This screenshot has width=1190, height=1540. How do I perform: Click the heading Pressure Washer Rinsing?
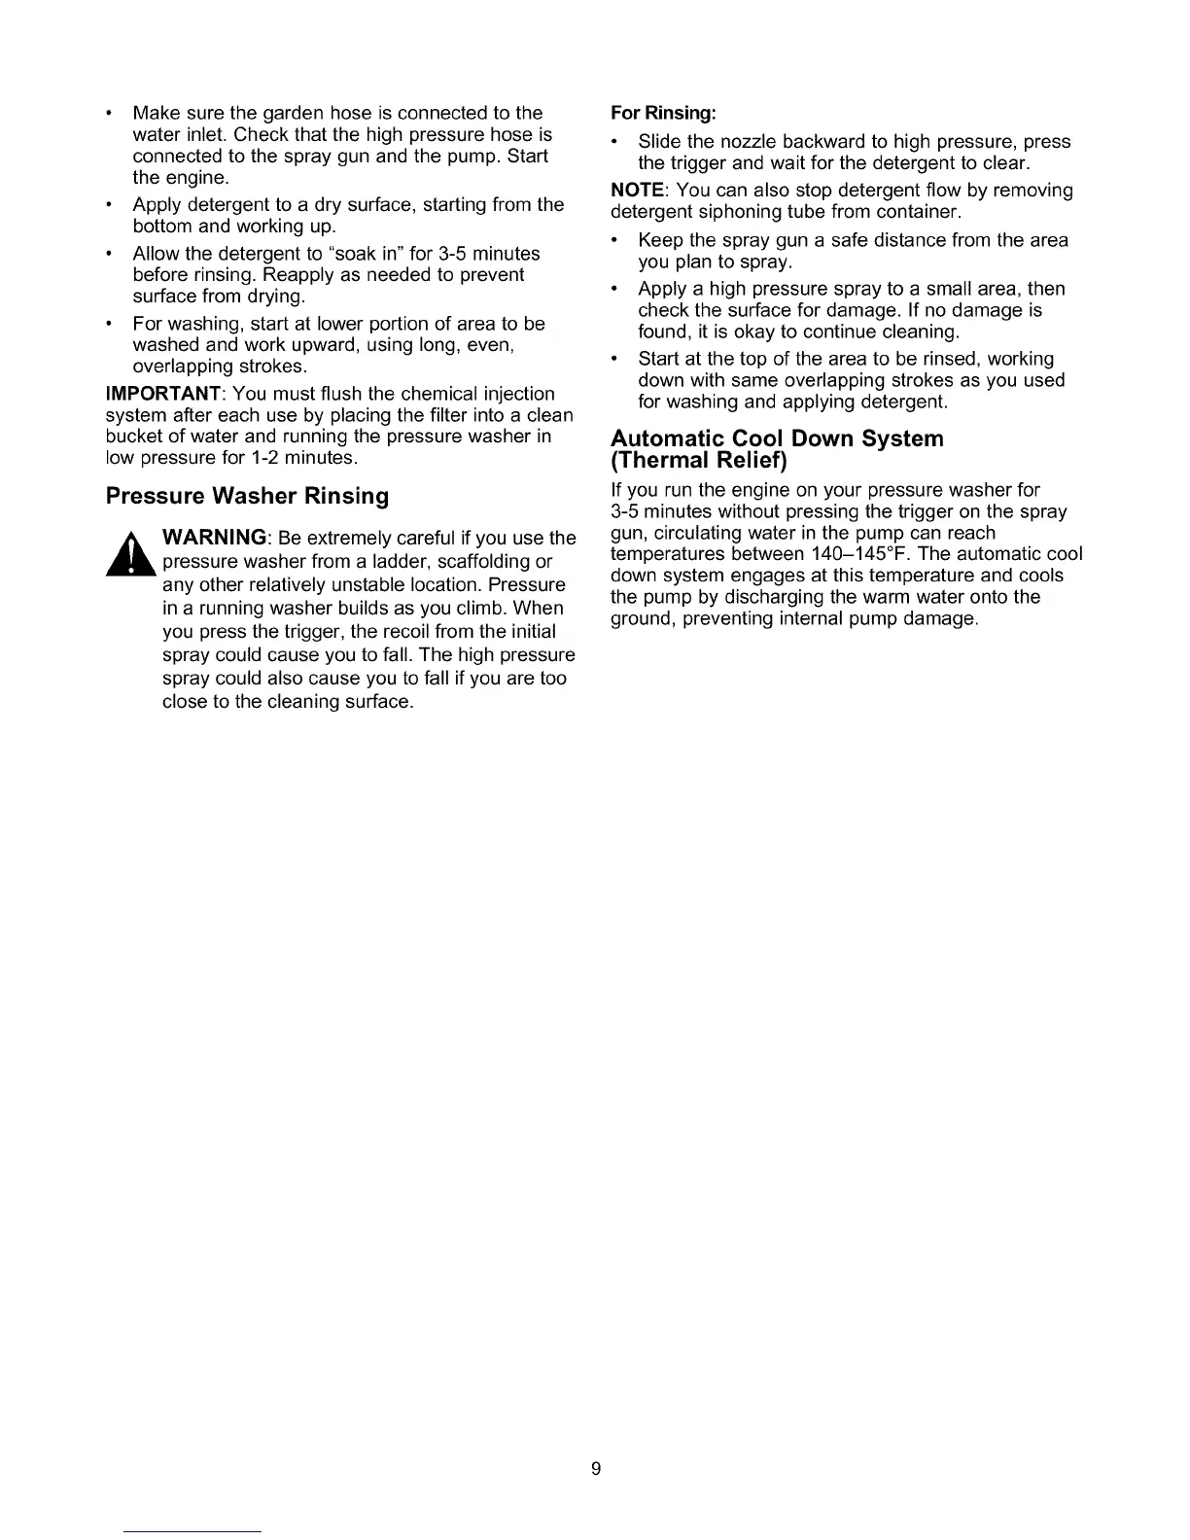(x=247, y=497)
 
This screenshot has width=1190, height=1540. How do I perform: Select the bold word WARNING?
(x=215, y=538)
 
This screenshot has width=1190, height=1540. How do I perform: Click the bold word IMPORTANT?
(x=163, y=394)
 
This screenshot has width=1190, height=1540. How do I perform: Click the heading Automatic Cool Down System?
(x=777, y=438)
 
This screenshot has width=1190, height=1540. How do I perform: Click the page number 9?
(x=596, y=1468)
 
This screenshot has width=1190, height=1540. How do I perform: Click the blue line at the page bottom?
(x=193, y=1531)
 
